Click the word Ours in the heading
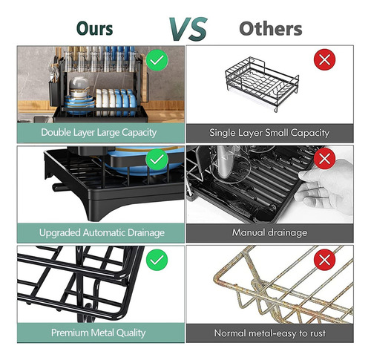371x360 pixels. click(95, 28)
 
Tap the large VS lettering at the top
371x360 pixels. click(188, 29)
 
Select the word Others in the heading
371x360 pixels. click(271, 29)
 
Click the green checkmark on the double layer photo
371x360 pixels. click(157, 60)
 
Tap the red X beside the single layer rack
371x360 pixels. click(325, 59)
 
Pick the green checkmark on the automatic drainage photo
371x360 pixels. click(157, 160)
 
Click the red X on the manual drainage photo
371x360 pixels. click(325, 159)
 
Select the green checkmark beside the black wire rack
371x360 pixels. click(157, 260)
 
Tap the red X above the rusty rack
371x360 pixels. click(325, 260)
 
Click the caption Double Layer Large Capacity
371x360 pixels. click(99, 133)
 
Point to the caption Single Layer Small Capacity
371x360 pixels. click(269, 133)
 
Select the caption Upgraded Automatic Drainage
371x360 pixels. click(102, 233)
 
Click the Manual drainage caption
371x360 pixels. click(269, 232)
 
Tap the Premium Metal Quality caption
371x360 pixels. click(98, 333)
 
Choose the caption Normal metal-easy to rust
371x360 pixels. click(269, 333)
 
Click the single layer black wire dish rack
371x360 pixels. click(262, 84)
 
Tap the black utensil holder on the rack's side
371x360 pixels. click(53, 94)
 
